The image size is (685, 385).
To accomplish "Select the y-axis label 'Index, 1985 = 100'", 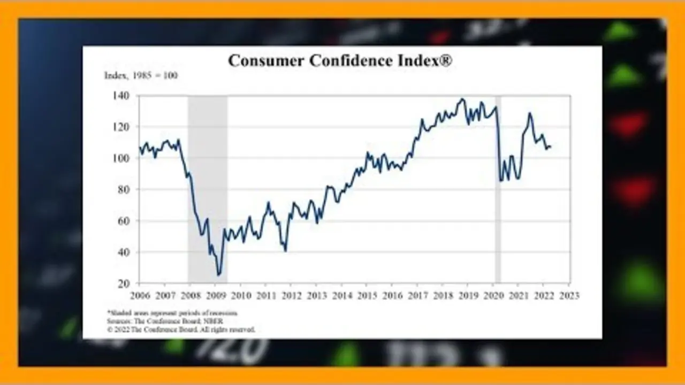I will [x=141, y=75].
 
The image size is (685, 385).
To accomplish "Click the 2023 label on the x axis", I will [x=569, y=295].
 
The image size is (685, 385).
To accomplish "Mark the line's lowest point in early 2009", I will [x=218, y=275].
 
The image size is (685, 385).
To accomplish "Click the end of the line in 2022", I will [x=550, y=147].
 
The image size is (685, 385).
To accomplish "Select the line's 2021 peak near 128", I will [x=529, y=113].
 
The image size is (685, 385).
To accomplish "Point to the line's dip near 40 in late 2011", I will [x=285, y=251].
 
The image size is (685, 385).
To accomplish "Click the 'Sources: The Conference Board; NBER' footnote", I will [x=164, y=321].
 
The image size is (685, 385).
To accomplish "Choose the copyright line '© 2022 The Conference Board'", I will [x=181, y=329].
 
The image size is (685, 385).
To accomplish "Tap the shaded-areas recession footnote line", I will [x=172, y=313].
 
